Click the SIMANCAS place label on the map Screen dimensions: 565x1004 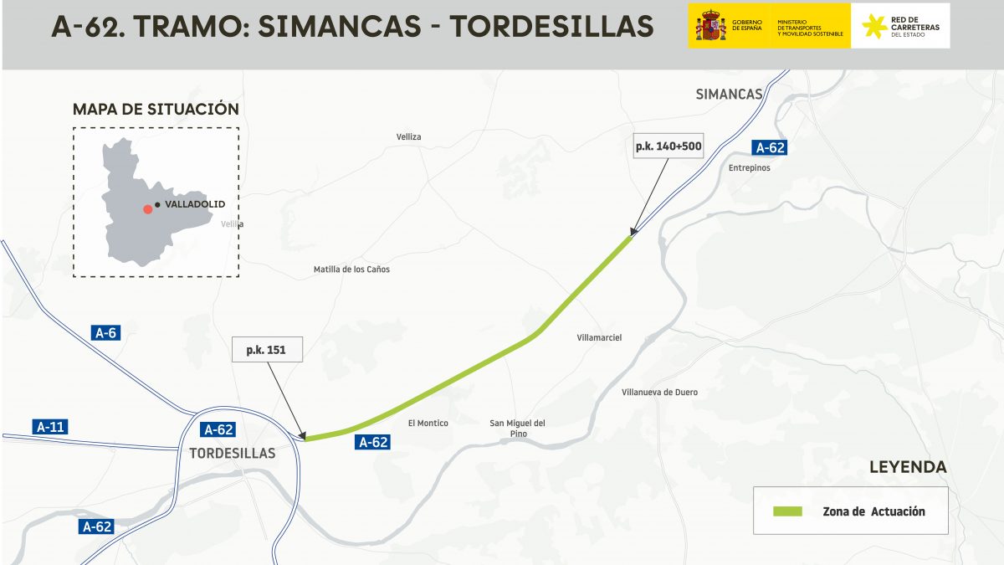pos(729,95)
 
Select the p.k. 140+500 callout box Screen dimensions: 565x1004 pos(668,146)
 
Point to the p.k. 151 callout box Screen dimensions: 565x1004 pos(266,350)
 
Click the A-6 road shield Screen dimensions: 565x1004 pos(105,333)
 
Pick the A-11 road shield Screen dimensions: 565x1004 pos(50,426)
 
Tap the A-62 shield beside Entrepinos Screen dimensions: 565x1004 pos(770,148)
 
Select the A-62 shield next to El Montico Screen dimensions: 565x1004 pos(373,442)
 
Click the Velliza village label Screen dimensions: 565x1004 pos(409,136)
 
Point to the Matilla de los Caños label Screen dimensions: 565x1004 pos(351,270)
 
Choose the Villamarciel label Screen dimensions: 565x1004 pos(599,337)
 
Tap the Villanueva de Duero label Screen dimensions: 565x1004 pos(659,392)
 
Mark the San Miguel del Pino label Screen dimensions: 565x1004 pos(517,428)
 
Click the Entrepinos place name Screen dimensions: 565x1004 pos(749,167)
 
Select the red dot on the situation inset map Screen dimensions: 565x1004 pos(147,208)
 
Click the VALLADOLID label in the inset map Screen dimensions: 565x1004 pos(195,204)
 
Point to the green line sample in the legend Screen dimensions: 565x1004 pos(786,511)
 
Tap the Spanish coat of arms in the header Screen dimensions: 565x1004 pos(709,25)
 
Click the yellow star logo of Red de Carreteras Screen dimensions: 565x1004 pos(874,25)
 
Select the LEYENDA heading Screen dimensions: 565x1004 pos(908,467)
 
